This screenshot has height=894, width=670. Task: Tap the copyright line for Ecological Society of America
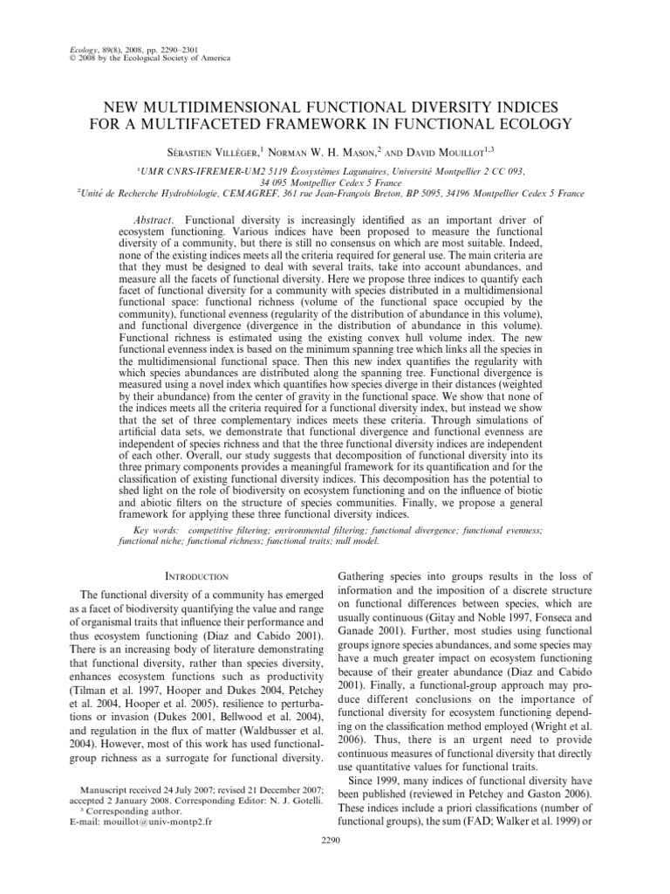point(147,58)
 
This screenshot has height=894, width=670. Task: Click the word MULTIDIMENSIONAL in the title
point(230,107)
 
